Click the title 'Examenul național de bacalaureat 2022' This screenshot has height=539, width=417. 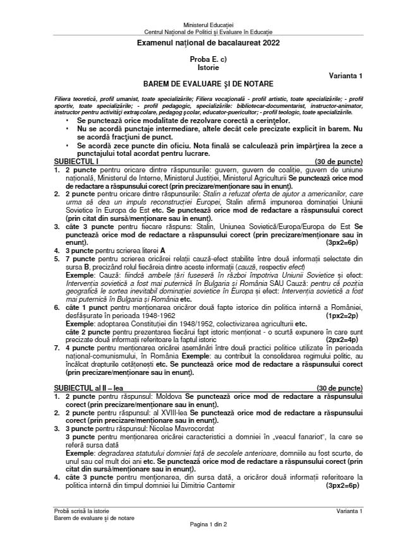point(208,43)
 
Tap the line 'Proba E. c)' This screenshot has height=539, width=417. point(208,58)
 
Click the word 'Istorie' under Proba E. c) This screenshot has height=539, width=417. point(208,66)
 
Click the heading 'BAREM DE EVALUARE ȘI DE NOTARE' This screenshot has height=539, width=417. point(208,83)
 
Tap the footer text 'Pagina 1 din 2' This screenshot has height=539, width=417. point(208,524)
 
